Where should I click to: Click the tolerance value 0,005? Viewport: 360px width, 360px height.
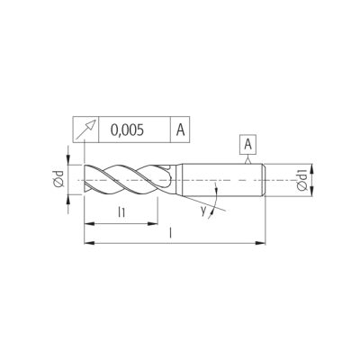tap(127, 130)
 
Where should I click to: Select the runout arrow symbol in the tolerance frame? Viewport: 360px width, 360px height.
tap(85, 130)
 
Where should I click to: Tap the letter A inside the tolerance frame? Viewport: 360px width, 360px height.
tap(180, 130)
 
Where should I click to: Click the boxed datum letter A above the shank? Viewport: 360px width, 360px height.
tap(247, 145)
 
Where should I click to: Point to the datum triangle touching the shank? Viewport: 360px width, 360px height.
tap(247, 161)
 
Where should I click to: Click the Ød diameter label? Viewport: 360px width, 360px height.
tap(59, 179)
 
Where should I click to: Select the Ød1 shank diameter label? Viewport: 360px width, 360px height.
tap(301, 180)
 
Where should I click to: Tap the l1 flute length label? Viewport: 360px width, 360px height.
tap(121, 212)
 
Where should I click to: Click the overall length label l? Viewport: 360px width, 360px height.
tap(171, 233)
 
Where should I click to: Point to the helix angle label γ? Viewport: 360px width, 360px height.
tap(204, 211)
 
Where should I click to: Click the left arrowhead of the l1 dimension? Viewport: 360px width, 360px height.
tap(89, 224)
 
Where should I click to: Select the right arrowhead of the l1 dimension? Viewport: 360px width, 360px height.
tap(152, 224)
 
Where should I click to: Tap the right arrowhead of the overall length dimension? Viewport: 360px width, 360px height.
tap(260, 242)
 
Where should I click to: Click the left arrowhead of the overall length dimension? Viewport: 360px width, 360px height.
tap(89, 242)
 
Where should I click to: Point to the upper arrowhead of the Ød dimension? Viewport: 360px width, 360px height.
tap(68, 159)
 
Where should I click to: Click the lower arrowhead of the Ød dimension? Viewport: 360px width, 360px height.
tap(68, 200)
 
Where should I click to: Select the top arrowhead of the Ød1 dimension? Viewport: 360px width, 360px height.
tap(312, 169)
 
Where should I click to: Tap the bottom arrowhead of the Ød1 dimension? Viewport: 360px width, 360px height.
tap(312, 191)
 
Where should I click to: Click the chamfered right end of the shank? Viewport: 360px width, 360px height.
tap(264, 180)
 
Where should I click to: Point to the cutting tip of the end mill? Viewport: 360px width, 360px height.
tap(85, 180)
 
